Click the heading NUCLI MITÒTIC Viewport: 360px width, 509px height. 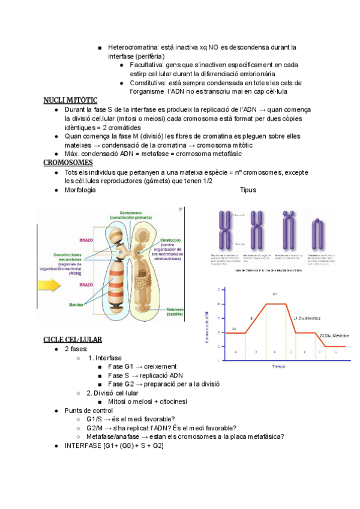(x=70, y=100)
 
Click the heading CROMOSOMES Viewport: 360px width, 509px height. (x=68, y=163)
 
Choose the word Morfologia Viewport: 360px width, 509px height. (x=80, y=190)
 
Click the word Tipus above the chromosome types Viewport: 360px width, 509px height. (x=248, y=190)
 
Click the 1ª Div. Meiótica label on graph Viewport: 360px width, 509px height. (x=307, y=318)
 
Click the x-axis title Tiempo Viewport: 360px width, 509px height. (x=278, y=365)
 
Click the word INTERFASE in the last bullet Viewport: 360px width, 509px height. (x=83, y=445)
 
